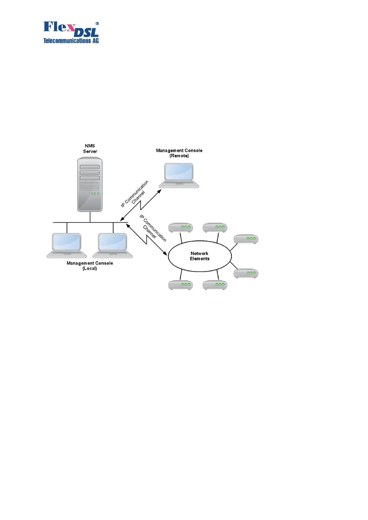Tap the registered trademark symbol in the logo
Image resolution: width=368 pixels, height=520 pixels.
[97, 23]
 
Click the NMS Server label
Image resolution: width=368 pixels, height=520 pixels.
[90, 149]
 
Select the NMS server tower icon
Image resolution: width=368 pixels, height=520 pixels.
[90, 184]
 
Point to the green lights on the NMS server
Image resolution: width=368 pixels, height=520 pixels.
[95, 194]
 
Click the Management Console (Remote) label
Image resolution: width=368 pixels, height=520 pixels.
[179, 153]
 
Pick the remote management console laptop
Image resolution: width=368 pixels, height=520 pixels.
[179, 175]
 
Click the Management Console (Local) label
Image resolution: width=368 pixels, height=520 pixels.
[90, 266]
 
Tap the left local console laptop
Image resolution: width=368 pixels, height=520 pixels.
[67, 245]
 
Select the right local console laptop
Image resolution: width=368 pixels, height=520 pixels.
[113, 245]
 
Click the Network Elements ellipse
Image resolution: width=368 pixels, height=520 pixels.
[200, 256]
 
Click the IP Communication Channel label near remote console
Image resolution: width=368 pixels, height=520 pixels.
[135, 194]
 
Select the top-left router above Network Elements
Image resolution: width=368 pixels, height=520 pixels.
[180, 228]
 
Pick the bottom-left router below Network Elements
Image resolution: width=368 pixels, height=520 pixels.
[180, 285]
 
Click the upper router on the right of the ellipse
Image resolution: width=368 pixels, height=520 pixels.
[246, 239]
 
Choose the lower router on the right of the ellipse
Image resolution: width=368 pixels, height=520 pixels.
[246, 273]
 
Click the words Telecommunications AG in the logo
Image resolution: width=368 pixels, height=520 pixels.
[71, 41]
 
